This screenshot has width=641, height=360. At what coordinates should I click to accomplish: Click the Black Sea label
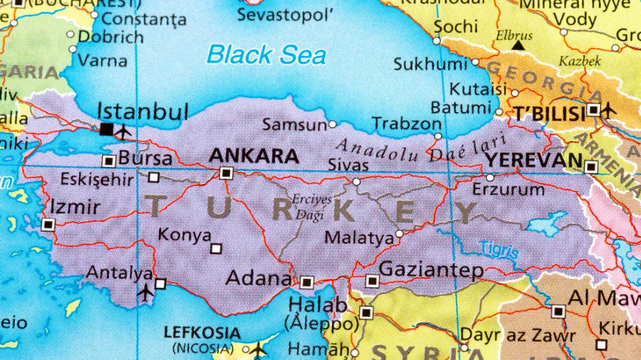pos(266,54)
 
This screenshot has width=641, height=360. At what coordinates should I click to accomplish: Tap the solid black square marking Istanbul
pos(106,129)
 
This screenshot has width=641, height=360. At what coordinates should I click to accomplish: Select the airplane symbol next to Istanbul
pos(124,131)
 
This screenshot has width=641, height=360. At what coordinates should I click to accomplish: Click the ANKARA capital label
pos(254,156)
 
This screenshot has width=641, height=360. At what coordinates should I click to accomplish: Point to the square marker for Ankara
pos(226,173)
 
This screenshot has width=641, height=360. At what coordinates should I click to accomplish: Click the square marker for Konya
pos(216,249)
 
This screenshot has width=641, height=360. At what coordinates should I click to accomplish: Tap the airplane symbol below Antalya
pos(146,293)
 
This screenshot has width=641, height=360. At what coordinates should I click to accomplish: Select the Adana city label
pos(258,279)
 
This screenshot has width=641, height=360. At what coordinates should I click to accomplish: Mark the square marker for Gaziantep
pos(372,281)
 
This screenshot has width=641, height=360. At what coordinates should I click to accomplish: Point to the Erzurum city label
pos(508,190)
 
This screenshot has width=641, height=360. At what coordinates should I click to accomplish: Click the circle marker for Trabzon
pos(438,136)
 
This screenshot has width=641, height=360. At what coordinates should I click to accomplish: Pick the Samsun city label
pos(294,125)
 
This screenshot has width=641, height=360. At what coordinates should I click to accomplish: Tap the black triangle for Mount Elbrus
pos(518,46)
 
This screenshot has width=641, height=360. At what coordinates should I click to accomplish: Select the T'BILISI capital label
pos(549,114)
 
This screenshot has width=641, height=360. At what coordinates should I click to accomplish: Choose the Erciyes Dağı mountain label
pos(312,207)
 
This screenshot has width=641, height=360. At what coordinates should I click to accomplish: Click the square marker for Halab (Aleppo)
pos(366,313)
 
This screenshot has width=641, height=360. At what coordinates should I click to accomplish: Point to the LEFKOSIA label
pos(203,333)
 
